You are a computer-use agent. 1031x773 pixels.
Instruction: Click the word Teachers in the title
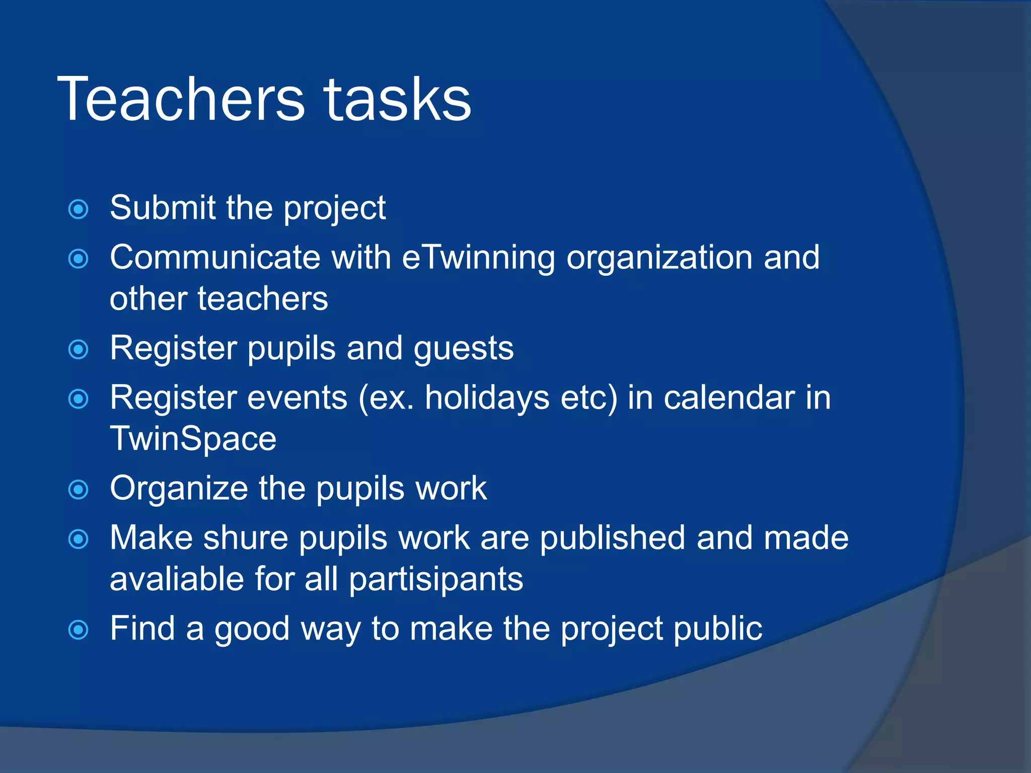(181, 99)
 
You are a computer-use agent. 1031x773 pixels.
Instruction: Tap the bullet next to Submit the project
(79, 209)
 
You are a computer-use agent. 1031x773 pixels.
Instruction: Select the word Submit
(163, 207)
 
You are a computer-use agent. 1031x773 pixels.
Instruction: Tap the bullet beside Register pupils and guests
(79, 350)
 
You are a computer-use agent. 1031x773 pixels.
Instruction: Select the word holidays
(487, 398)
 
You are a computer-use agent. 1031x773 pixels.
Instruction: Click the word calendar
(729, 398)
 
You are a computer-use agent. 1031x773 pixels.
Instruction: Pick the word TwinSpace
(193, 439)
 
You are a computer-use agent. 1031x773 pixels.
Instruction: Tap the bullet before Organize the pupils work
(79, 490)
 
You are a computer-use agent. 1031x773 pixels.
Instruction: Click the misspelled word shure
(245, 537)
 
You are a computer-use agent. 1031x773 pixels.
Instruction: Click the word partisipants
(436, 580)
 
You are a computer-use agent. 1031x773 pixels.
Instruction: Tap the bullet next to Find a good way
(79, 630)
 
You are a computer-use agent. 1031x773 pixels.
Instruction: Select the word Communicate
(215, 258)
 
